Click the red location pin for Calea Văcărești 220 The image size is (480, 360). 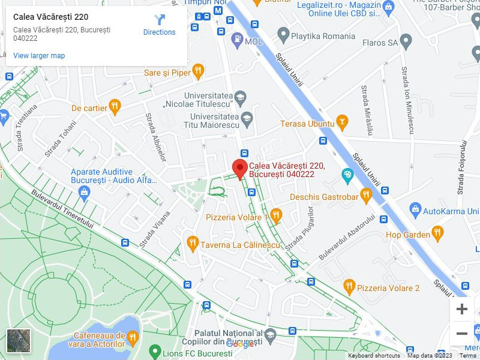pos(240,169)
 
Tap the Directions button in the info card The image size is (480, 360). pos(159,25)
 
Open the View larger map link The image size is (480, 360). pos(39,56)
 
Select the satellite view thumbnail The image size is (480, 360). pos(18,340)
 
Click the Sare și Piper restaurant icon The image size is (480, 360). pos(199,73)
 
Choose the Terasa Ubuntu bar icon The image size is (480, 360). pos(342,124)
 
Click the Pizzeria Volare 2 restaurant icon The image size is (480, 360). pos(349,287)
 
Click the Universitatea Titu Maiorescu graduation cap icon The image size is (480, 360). pos(247,120)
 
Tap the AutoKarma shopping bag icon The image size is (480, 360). pos(415,211)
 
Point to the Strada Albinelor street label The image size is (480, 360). pos(155,137)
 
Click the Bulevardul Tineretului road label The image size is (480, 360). pos(63,209)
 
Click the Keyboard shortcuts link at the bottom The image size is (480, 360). pos(374,356)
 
